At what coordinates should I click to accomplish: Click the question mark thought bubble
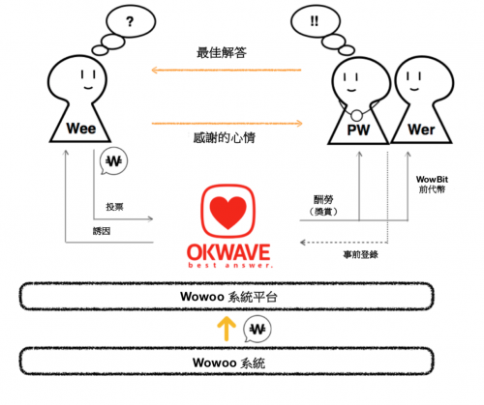click(x=131, y=21)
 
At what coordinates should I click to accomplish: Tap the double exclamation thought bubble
click(x=316, y=21)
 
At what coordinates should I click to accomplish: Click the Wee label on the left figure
click(x=81, y=129)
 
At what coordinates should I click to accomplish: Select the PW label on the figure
click(x=358, y=130)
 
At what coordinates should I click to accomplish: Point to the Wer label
click(x=421, y=130)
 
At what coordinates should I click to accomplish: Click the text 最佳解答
click(x=222, y=52)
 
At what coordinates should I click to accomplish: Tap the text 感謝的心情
click(x=225, y=137)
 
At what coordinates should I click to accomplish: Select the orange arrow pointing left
click(x=227, y=70)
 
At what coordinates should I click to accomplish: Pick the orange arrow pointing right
click(x=227, y=123)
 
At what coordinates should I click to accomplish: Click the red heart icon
click(x=228, y=212)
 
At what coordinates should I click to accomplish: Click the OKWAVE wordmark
click(x=228, y=252)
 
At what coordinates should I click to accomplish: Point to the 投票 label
click(x=114, y=207)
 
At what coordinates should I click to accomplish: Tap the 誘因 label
click(x=102, y=231)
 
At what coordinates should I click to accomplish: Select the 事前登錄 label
click(x=360, y=255)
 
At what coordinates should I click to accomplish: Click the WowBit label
click(x=432, y=179)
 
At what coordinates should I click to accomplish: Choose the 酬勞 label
click(x=323, y=200)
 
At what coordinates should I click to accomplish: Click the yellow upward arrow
click(x=227, y=329)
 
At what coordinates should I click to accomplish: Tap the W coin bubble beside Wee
click(x=114, y=161)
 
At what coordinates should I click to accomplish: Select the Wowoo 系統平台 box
click(x=227, y=297)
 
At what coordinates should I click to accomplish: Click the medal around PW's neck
click(x=356, y=115)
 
